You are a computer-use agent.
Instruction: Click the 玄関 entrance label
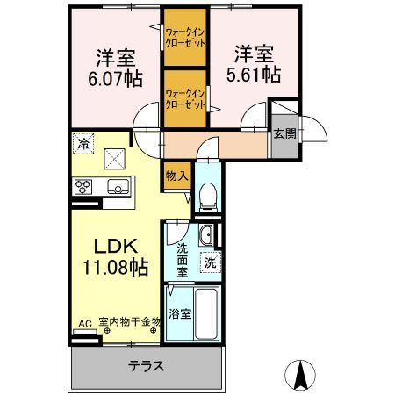(x=284, y=133)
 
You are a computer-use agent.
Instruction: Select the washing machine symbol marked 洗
(x=211, y=261)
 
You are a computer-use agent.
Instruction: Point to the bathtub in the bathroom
(x=207, y=314)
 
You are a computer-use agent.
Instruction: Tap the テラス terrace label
(x=146, y=366)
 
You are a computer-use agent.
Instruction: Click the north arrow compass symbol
(x=302, y=375)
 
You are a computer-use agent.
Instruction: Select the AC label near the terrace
(x=85, y=322)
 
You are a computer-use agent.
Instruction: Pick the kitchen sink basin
(x=117, y=186)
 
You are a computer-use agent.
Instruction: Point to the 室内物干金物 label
(x=129, y=322)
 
